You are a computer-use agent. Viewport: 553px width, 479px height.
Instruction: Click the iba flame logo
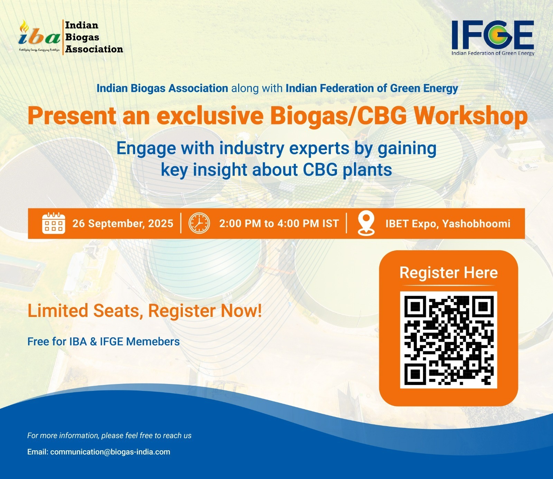[39, 36]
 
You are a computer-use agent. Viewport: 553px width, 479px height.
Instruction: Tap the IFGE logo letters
[493, 35]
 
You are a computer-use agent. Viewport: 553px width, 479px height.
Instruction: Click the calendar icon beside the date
[54, 223]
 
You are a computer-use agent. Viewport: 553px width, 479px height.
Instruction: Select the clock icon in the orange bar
[199, 223]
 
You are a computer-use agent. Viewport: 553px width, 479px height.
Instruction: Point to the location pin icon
[366, 223]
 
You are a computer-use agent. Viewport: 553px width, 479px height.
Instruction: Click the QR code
[449, 340]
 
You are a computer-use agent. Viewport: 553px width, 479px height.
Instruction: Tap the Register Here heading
[449, 273]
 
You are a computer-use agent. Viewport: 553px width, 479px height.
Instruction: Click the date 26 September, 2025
[123, 224]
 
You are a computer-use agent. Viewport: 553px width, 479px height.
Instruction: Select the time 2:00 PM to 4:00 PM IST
[279, 224]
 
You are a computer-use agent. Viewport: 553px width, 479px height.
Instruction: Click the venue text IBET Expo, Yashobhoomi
[448, 224]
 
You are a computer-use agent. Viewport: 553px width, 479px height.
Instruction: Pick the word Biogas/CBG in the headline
[338, 116]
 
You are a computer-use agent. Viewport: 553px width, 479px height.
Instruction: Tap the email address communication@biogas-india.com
[110, 452]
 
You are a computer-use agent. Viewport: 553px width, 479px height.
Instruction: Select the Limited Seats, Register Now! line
[144, 311]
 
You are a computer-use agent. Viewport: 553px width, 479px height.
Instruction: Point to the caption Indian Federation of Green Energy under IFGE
[493, 53]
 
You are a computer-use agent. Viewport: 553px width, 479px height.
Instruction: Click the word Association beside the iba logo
[94, 49]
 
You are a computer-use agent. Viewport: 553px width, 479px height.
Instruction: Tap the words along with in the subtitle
[257, 88]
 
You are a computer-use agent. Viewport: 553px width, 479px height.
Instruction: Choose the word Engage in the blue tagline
[146, 149]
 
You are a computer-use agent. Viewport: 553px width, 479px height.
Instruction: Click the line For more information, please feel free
[109, 435]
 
